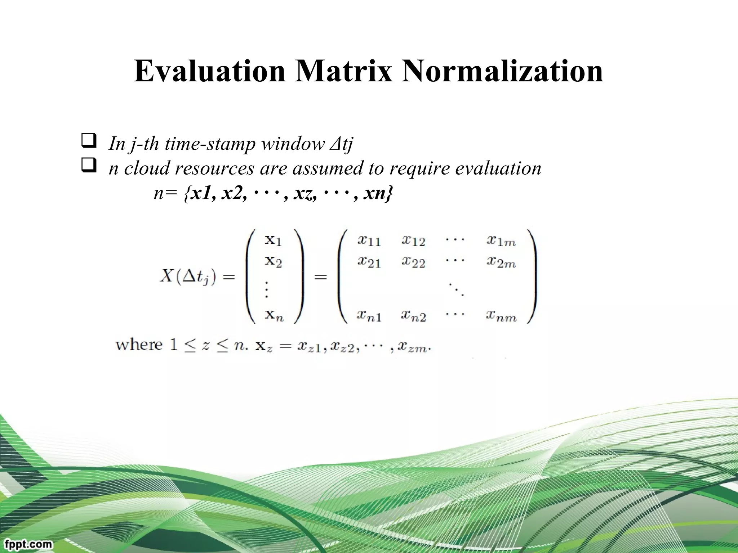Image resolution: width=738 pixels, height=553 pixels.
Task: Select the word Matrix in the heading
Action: (343, 71)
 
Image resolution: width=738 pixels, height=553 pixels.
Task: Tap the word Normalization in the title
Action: (502, 71)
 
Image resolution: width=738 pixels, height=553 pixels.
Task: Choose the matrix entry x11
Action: (369, 240)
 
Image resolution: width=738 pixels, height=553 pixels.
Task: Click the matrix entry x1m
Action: (501, 240)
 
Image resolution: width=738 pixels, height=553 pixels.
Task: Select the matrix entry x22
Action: (413, 262)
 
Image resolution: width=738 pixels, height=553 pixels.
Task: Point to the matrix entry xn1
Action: (369, 316)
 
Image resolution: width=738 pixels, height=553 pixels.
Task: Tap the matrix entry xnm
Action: (501, 316)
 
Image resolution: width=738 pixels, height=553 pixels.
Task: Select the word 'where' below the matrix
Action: (139, 345)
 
